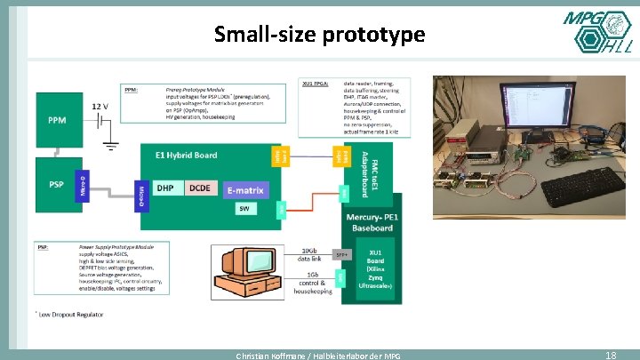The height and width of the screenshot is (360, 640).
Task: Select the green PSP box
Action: (x=55, y=185)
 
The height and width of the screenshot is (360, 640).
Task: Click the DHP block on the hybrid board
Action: (x=165, y=188)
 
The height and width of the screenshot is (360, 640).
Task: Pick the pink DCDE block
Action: (x=200, y=188)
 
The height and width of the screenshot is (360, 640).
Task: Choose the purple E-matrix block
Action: (x=244, y=188)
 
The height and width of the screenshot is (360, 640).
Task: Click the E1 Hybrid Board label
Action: (x=186, y=155)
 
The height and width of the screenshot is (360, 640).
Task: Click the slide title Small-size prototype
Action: (x=320, y=35)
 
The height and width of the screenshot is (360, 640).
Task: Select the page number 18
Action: (x=611, y=355)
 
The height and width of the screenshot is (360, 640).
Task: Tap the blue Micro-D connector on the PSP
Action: (x=83, y=184)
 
